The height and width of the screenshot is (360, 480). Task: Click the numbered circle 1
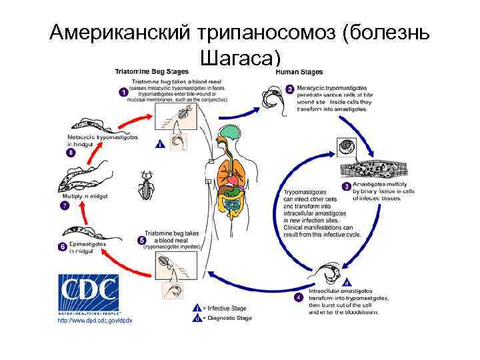point(123,92)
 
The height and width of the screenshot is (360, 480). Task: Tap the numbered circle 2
point(289,88)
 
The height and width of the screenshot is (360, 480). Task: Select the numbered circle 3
point(346,185)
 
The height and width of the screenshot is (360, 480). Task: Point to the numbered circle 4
point(298,296)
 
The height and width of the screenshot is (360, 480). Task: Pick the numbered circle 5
point(142,240)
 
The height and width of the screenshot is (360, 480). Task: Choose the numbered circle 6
point(63,247)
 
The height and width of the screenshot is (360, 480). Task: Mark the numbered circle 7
point(65,207)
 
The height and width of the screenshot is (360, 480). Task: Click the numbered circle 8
point(71,152)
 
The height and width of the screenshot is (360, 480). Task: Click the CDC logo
point(89,292)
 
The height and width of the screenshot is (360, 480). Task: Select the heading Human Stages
point(299,71)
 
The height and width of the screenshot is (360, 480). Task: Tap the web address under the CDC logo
point(95,321)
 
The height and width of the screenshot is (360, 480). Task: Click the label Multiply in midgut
point(84,197)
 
